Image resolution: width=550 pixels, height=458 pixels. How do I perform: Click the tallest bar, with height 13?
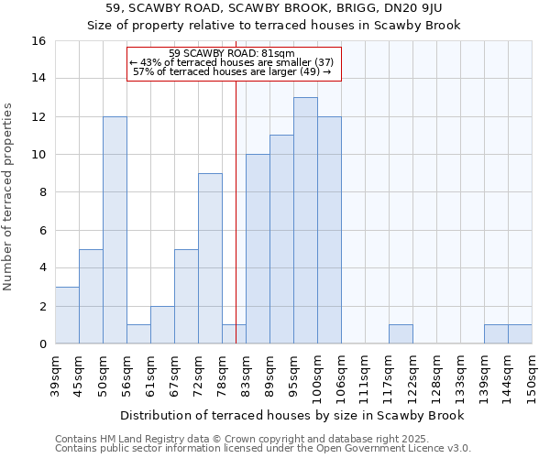pos(305,221)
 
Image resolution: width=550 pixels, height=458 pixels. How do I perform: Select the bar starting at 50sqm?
pos(115,230)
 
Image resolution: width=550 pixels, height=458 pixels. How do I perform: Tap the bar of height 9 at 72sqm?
pos(210,258)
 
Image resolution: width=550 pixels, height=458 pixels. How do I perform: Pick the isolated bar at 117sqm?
pos(401,334)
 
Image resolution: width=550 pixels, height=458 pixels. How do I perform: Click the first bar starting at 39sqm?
pos(67,315)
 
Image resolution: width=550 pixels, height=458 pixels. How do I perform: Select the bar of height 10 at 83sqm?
pos(258,249)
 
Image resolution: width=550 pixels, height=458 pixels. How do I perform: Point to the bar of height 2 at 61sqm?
pos(162,325)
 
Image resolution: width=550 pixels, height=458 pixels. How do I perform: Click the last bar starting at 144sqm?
pos(520,334)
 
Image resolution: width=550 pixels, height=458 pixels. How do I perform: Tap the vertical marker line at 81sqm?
pos(236,211)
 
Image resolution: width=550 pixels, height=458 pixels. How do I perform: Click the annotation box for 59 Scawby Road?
pos(234,63)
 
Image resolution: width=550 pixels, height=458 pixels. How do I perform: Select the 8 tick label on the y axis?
pos(41,192)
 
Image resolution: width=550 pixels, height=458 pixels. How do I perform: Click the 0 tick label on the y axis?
pos(41,344)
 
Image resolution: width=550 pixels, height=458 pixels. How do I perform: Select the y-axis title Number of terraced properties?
pos(9,197)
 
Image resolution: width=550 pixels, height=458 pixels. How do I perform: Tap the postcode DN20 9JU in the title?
pos(414,7)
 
